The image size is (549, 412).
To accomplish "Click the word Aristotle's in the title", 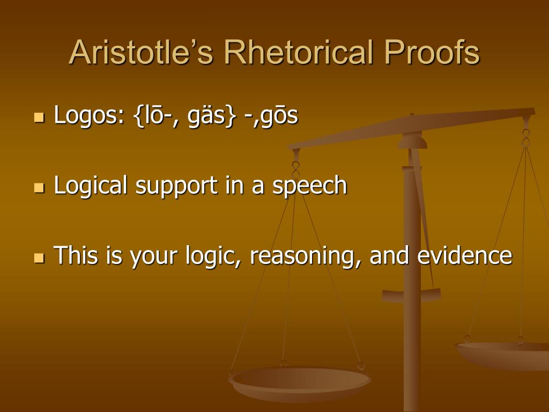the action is click(x=141, y=52).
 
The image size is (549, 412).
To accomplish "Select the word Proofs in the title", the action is click(x=432, y=52).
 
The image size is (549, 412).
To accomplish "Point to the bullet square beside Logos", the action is click(x=40, y=117).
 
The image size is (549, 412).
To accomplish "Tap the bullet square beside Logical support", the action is click(x=40, y=188).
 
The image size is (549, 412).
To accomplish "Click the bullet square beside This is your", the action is click(x=40, y=258).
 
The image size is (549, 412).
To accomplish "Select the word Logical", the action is click(x=91, y=186).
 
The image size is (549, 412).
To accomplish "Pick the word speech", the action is click(x=310, y=186).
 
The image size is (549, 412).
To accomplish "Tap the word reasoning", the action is click(x=305, y=256).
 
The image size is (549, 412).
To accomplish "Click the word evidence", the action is click(x=465, y=255).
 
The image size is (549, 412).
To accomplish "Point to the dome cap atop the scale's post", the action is click(x=412, y=141).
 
